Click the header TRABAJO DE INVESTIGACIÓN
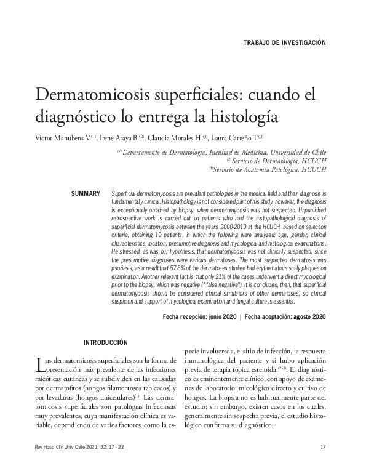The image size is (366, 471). (x=284, y=43)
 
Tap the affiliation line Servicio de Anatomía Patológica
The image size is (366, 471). (x=266, y=169)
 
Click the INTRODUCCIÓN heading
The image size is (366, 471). (x=105, y=341)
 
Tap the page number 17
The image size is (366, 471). (x=323, y=448)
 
